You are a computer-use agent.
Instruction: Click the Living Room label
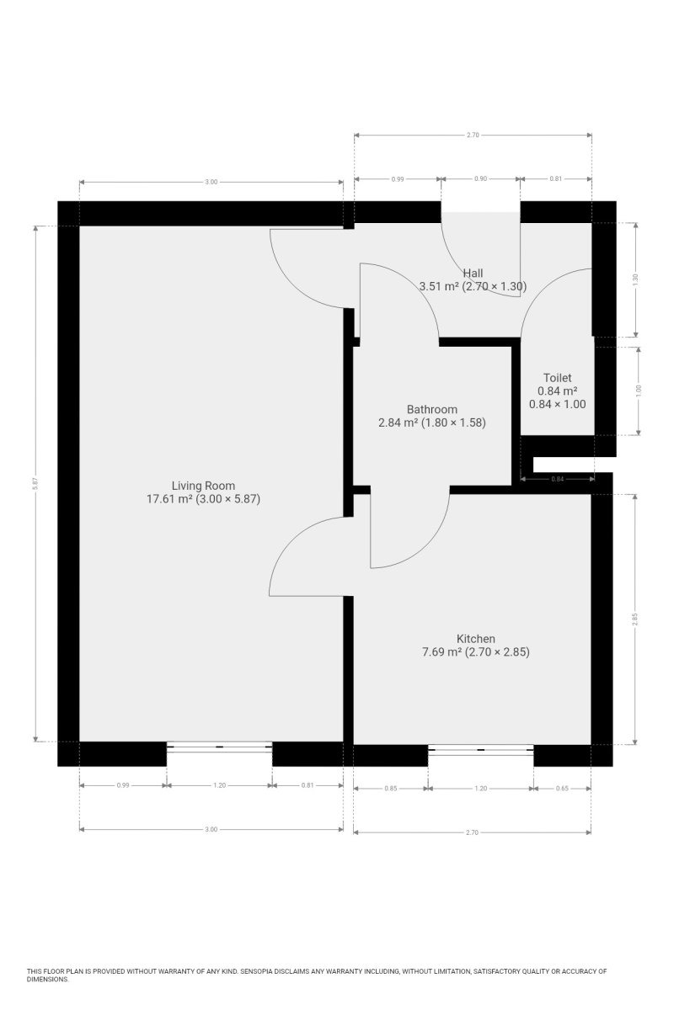203,486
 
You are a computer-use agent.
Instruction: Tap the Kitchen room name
476,639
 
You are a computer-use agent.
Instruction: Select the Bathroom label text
432,409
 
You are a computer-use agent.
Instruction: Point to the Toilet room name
557,378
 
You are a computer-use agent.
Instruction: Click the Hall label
473,273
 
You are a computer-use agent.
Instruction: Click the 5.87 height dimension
35,483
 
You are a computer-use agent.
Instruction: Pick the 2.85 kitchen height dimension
634,619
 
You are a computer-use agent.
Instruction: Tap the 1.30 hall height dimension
635,280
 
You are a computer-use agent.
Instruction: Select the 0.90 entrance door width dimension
480,178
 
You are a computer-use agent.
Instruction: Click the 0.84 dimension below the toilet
558,479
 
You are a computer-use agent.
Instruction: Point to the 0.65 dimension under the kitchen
562,789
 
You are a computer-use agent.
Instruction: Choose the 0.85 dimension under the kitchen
390,789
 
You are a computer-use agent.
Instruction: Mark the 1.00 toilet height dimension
638,391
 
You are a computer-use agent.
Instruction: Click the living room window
219,747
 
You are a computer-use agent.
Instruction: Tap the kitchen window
481,749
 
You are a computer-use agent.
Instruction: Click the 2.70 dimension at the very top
473,135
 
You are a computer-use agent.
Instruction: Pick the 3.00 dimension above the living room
211,182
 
